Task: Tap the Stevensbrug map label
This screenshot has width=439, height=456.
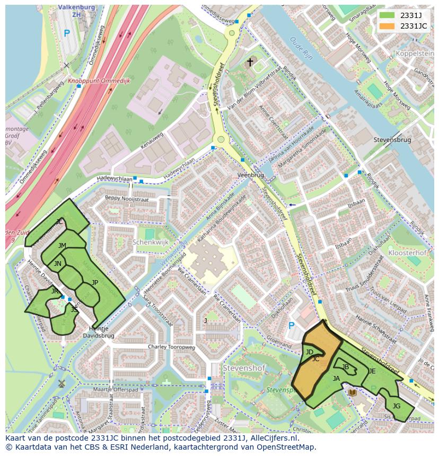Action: (x=392, y=140)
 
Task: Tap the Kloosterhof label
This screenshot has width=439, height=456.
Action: (x=407, y=253)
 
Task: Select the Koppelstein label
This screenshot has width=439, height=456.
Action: (x=415, y=54)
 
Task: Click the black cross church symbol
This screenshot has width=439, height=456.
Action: (x=250, y=62)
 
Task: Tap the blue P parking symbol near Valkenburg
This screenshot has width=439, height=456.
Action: (x=66, y=33)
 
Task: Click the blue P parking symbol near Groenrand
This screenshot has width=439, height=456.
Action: (x=291, y=326)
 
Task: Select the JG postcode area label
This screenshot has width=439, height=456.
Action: (x=396, y=406)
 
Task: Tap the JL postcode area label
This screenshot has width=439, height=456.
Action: (x=59, y=222)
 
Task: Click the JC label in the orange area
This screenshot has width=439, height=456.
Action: (x=315, y=359)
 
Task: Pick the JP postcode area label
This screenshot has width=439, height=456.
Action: (x=95, y=282)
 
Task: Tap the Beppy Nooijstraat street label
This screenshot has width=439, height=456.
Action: (x=127, y=199)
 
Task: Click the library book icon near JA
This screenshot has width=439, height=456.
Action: (x=353, y=392)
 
